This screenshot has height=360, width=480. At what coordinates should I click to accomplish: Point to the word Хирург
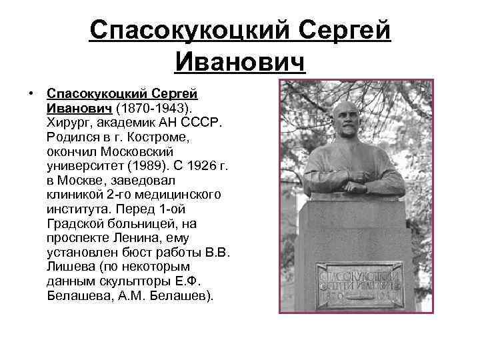point(70,122)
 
